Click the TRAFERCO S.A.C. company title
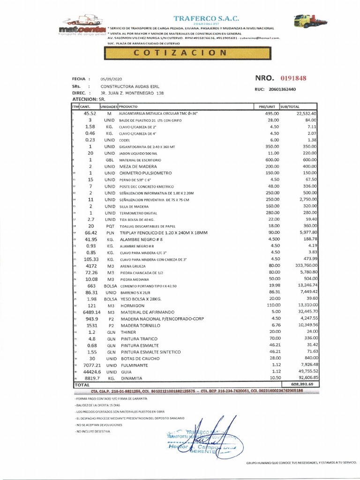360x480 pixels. pos(206,18)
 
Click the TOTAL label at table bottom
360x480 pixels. pos(82,384)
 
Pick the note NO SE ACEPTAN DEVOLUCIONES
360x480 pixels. pos(99,424)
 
